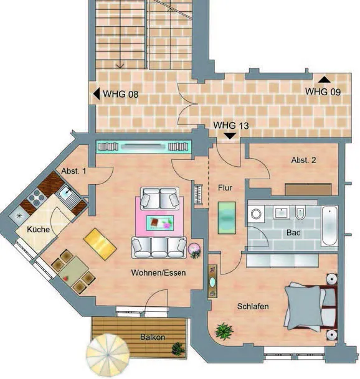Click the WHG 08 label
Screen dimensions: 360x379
point(120,94)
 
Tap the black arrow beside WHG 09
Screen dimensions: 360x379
point(324,80)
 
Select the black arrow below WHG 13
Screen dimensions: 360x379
point(230,136)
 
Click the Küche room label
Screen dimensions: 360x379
point(38,229)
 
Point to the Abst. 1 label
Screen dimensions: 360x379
point(73,171)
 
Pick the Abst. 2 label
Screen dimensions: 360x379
point(303,160)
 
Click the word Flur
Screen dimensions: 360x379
point(225,187)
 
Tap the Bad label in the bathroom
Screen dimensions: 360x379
point(293,233)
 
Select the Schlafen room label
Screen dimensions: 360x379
point(253,306)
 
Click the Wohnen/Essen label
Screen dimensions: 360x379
point(158,273)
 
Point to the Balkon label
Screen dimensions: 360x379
point(153,337)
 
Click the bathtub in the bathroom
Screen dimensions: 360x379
point(329,226)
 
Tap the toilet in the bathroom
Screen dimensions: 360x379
point(300,213)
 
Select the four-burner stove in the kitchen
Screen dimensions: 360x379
point(37,197)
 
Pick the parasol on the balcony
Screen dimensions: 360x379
point(108,355)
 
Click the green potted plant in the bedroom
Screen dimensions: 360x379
point(224,331)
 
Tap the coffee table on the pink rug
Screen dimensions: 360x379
point(160,223)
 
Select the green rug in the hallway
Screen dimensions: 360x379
point(227,218)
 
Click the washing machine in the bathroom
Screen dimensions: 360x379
point(256,214)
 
